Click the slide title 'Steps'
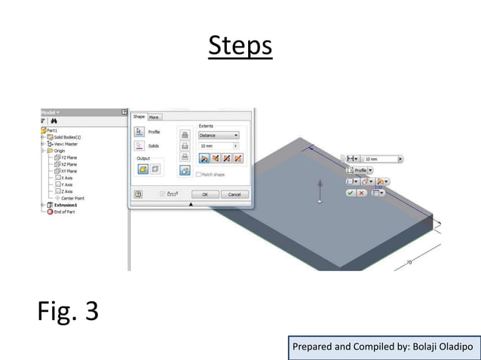click(x=240, y=45)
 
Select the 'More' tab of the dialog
click(x=154, y=117)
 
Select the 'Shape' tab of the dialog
click(x=139, y=117)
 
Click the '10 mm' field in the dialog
click(x=214, y=145)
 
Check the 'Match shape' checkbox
click(x=198, y=175)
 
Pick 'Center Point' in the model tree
click(x=72, y=198)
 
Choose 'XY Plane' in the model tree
click(x=68, y=171)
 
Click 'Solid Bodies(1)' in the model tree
click(x=67, y=137)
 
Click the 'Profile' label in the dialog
click(x=154, y=132)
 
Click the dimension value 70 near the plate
click(x=409, y=263)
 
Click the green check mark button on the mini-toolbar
click(x=351, y=193)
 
